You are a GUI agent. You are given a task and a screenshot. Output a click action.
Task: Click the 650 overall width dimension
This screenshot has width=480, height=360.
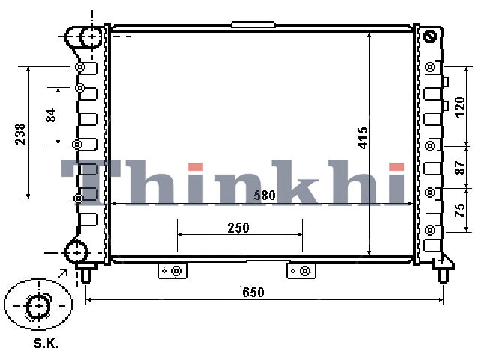(253, 292)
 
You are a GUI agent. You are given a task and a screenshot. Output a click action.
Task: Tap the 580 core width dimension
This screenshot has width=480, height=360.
(265, 195)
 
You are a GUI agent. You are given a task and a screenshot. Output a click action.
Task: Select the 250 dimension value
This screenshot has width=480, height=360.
(238, 228)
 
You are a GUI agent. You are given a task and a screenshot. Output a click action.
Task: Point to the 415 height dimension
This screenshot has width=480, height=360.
(363, 138)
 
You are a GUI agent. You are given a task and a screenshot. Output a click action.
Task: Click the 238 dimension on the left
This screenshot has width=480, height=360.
(20, 133)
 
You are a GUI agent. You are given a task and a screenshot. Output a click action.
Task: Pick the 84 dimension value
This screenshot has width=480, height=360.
(51, 115)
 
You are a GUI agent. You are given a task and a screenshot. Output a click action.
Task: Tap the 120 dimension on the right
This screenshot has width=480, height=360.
(460, 106)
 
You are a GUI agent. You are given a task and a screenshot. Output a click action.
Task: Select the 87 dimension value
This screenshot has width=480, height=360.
(460, 168)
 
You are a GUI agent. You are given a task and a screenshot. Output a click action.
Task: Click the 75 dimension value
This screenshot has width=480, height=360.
(460, 210)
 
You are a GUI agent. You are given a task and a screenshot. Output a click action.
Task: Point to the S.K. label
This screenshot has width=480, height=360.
(46, 343)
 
